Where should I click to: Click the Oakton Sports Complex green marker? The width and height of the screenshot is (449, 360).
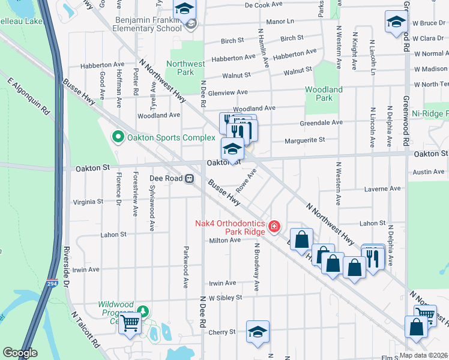118,137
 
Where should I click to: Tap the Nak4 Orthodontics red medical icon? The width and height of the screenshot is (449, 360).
274,226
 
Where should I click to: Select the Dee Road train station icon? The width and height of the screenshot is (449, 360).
189,178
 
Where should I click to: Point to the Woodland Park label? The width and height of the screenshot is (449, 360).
324,94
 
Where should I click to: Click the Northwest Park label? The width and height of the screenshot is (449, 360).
185,68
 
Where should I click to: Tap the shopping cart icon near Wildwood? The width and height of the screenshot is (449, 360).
130,324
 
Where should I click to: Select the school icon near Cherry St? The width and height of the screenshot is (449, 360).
258,332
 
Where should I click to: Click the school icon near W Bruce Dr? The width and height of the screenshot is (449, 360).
396,23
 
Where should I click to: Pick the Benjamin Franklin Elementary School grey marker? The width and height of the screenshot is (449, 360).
191,25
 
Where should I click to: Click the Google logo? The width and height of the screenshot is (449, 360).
20,353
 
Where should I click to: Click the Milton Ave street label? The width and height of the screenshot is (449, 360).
224,240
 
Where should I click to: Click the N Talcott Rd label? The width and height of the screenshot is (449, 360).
85,329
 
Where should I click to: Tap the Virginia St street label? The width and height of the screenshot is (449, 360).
88,202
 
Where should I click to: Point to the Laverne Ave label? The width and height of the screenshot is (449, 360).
382,188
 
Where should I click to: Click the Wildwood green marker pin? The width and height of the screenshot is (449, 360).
143,310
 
